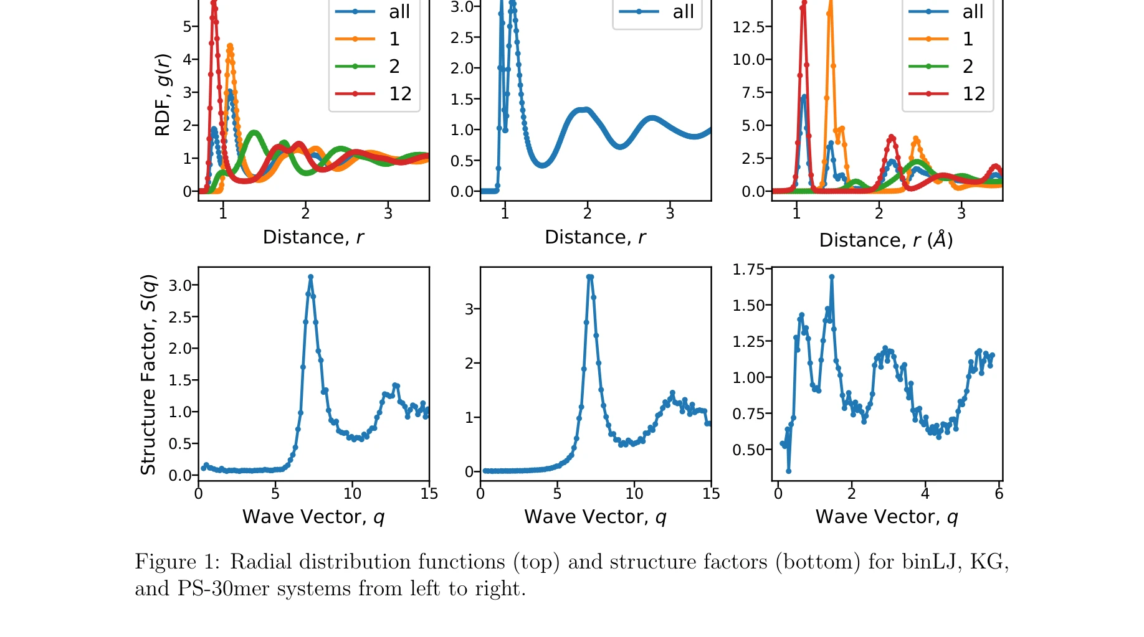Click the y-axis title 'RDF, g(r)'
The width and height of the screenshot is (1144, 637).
tap(163, 95)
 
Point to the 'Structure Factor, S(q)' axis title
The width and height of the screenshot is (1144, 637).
tap(148, 374)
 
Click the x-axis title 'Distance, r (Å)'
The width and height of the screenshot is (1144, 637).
tap(885, 240)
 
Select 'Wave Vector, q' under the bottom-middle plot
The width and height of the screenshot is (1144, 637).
tap(595, 517)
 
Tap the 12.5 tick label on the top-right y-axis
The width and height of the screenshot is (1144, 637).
tap(748, 27)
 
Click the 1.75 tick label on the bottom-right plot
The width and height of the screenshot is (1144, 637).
tap(748, 270)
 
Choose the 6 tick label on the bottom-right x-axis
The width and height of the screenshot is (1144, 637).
tap(999, 494)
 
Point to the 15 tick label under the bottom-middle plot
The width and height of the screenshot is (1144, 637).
tap(711, 494)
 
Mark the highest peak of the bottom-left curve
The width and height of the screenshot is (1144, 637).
tap(310, 276)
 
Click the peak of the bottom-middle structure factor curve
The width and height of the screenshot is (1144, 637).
tap(589, 276)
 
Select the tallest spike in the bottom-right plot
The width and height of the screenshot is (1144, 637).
tap(831, 276)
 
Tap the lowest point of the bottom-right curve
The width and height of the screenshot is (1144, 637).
tap(789, 471)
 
